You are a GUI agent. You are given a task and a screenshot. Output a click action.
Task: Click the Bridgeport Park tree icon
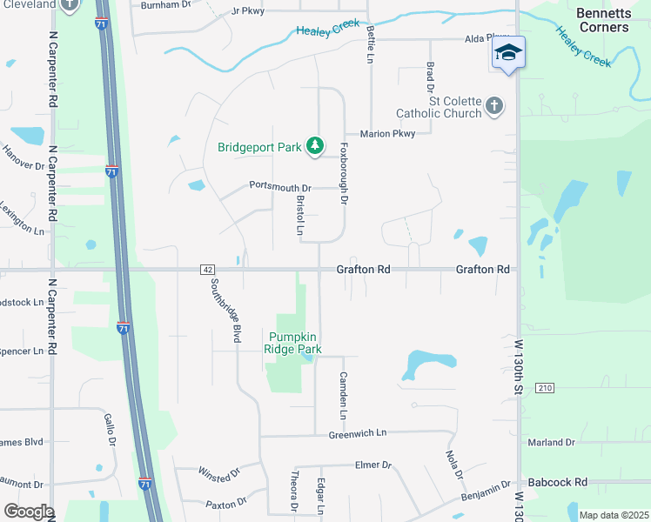(315, 147)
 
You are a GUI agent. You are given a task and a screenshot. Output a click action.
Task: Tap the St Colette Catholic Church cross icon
(494, 105)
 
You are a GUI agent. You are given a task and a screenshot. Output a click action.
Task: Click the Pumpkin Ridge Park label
(295, 343)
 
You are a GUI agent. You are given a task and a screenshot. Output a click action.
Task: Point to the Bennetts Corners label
(602, 20)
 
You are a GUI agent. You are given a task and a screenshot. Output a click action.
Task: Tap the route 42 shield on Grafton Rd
(206, 270)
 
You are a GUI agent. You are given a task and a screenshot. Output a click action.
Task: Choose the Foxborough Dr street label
(344, 174)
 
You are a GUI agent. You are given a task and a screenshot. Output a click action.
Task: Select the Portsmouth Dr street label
(280, 186)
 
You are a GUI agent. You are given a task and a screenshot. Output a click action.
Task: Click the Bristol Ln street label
(300, 215)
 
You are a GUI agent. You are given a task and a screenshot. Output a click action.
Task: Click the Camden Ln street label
(343, 391)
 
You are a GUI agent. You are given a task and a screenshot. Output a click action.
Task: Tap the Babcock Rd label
(558, 482)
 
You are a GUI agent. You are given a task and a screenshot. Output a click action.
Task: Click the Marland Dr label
(551, 442)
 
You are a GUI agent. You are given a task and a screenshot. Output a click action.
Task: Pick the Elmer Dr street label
(373, 465)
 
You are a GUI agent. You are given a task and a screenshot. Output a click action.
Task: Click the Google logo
(29, 512)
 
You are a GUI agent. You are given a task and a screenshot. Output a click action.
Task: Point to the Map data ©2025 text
(614, 515)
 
